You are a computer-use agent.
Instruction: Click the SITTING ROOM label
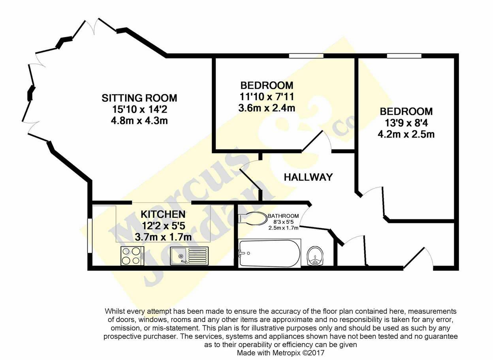[139, 98]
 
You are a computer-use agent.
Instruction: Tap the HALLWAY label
[308, 177]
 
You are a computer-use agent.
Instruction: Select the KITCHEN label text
[163, 214]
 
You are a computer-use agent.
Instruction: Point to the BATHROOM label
[283, 216]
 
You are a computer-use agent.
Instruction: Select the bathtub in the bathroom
[269, 253]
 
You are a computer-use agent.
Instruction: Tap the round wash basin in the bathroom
[315, 256]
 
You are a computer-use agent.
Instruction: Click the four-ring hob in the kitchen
[132, 256]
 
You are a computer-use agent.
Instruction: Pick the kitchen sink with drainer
[189, 256]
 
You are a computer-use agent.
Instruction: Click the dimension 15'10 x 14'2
[140, 109]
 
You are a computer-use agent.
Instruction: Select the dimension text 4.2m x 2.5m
[406, 134]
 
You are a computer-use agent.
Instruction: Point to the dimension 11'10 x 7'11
[267, 97]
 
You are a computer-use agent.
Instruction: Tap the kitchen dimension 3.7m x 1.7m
[163, 237]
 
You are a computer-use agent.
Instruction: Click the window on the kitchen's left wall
[90, 236]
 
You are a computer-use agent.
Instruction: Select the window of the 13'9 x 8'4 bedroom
[404, 56]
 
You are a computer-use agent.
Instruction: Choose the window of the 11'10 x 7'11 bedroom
[306, 56]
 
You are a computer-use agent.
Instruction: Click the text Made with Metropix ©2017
[280, 353]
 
